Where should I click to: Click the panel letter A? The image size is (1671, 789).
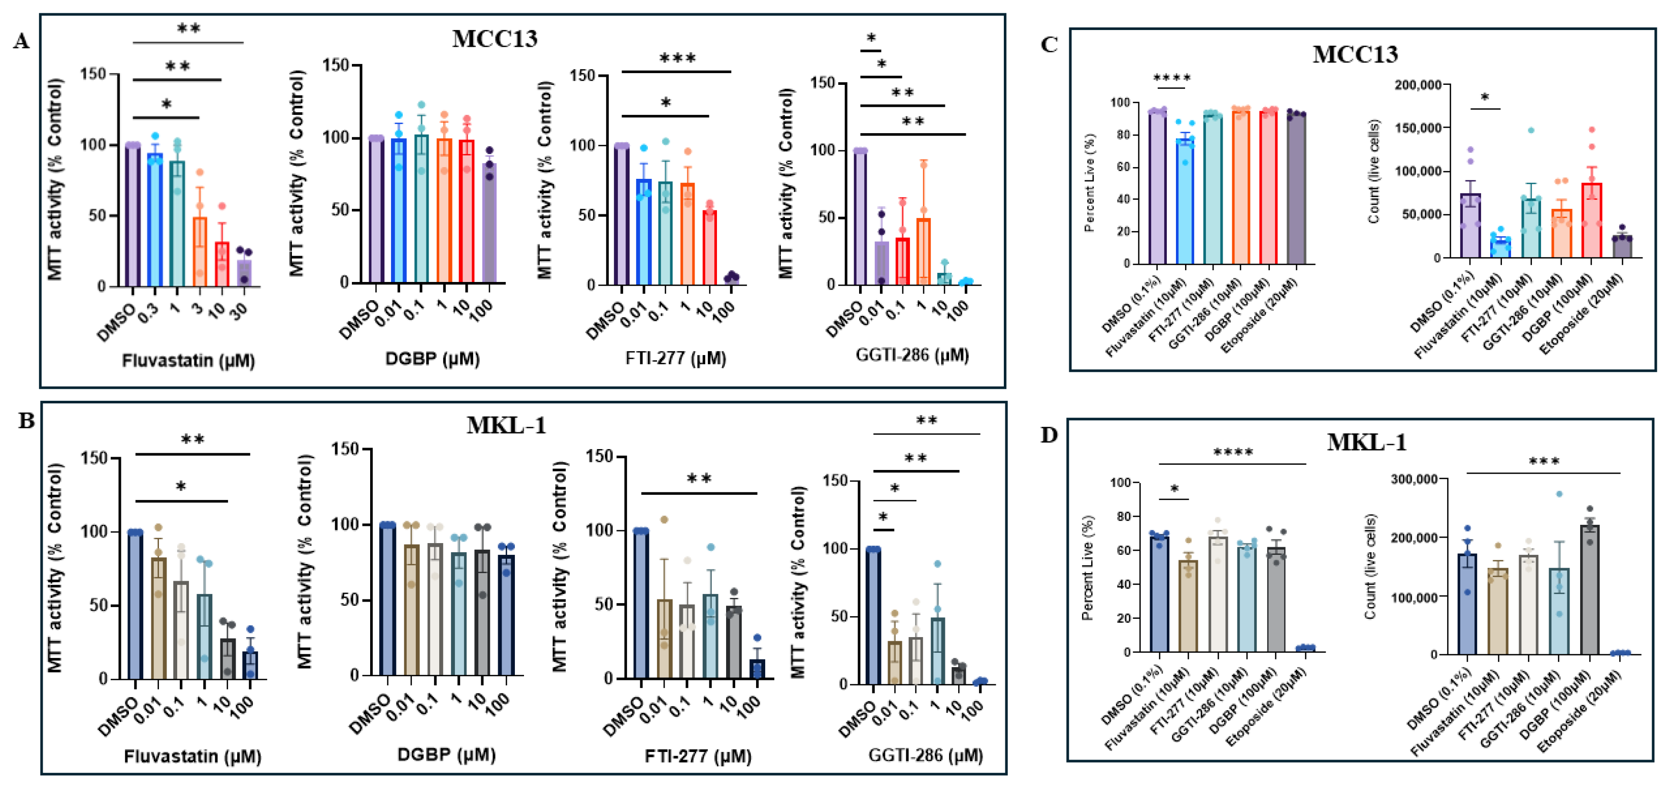coord(21,42)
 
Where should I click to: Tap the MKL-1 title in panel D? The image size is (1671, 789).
coord(1367,442)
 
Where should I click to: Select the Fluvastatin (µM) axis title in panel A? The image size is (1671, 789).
coord(188,360)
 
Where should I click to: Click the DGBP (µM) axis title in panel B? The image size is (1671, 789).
coord(446,754)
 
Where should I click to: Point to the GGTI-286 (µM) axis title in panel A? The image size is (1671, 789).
coord(912,355)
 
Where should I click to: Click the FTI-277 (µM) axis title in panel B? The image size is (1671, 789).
coord(698,756)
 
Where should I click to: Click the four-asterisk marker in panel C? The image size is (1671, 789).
coord(1172,79)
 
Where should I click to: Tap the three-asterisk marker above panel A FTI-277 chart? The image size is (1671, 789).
coord(677,59)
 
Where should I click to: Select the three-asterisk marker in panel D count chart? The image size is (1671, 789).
coord(1544,462)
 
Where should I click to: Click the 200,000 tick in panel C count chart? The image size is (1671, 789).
coord(1419,85)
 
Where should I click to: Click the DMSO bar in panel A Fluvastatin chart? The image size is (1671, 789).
coord(133,215)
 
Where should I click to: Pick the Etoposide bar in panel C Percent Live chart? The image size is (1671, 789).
coord(1296,189)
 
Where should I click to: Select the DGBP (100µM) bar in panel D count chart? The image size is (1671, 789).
coord(1589,589)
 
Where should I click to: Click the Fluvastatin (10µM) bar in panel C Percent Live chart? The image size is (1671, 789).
coord(1185,201)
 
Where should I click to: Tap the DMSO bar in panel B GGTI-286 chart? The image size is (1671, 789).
coord(873,616)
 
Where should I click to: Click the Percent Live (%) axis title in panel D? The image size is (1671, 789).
coord(1088,567)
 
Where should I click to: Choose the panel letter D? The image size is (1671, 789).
coord(1049,435)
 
